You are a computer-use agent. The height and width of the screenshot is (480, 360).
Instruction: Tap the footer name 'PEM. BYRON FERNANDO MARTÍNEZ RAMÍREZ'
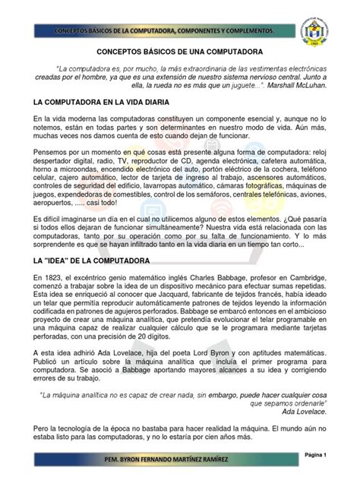[179, 461]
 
